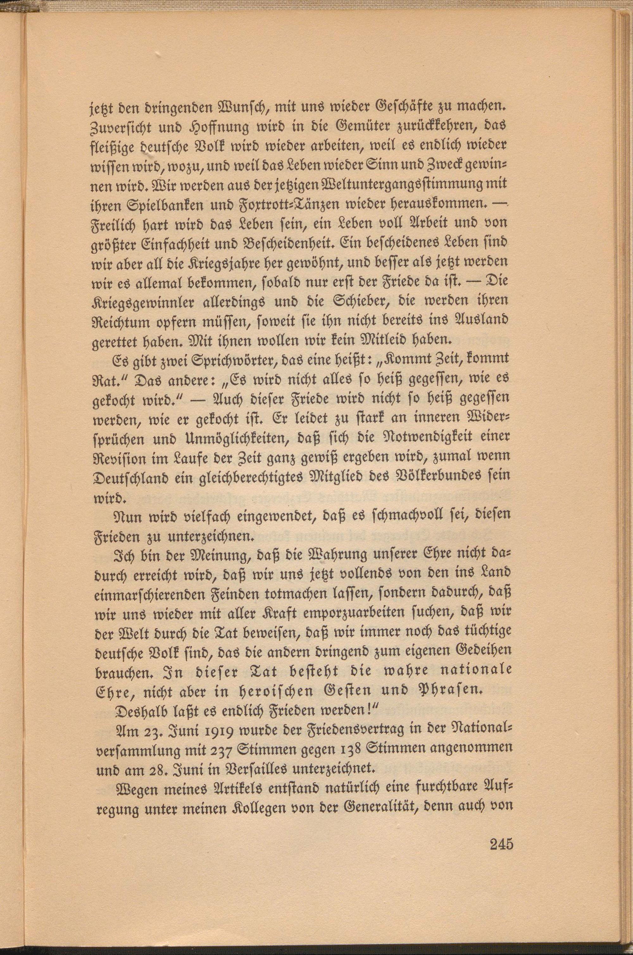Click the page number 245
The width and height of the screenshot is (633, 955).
[x=501, y=843]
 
